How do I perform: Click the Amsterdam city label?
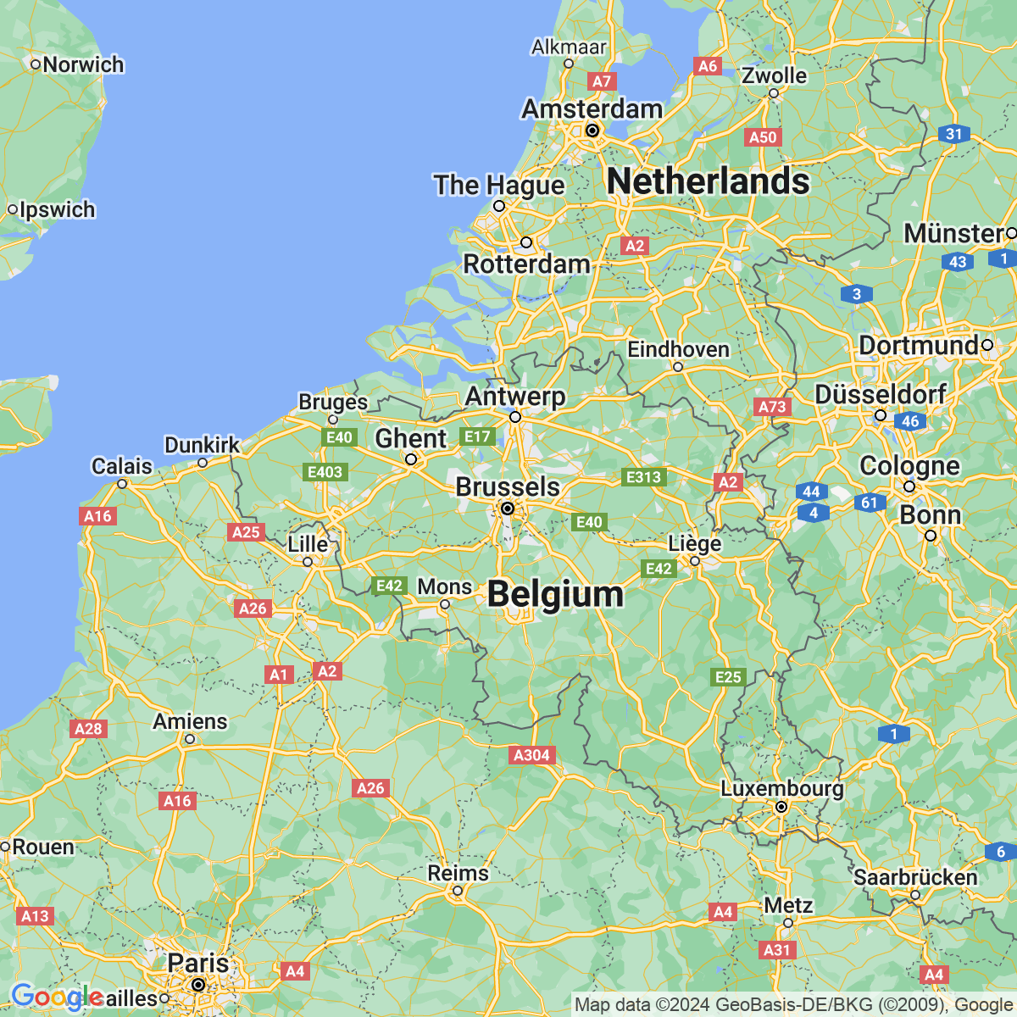coord(592,109)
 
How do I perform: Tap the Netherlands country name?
coord(709,181)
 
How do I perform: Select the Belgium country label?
coord(555,594)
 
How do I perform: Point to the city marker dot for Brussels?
coord(508,508)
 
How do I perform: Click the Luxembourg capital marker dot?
coord(782,808)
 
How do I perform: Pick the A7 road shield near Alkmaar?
coord(601,81)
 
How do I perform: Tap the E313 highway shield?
coord(643,477)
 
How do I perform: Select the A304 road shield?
coord(532,755)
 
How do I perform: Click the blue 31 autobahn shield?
coord(954,134)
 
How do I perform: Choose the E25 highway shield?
coord(728,676)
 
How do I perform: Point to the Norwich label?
coord(83,64)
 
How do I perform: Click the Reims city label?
coord(458,873)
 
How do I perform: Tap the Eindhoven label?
coord(678,349)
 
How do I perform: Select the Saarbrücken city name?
coord(915,877)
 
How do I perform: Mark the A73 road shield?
coord(772,407)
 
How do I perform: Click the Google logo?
coord(57,998)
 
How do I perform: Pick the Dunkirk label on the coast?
coord(202,445)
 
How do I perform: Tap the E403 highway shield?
coord(325,472)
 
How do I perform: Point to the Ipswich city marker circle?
coord(13,209)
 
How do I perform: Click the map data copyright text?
coord(794,1005)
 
